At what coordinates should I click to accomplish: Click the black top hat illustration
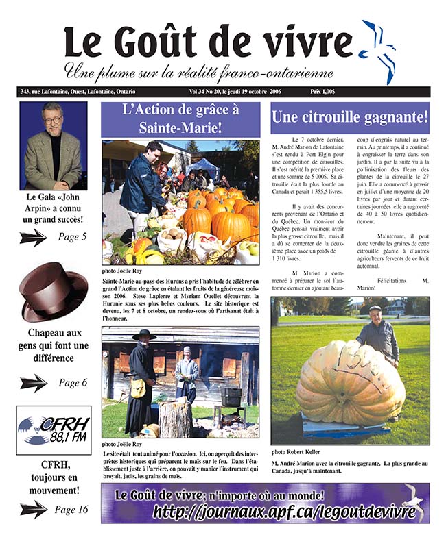52,290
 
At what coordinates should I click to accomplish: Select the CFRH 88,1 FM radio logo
54,430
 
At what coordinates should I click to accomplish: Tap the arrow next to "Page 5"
33,238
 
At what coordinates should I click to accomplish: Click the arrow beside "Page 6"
33,383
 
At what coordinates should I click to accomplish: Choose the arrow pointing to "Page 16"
33,510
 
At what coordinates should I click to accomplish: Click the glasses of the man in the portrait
54,121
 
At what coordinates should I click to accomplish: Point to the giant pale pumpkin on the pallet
350,384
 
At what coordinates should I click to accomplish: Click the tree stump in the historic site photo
175,418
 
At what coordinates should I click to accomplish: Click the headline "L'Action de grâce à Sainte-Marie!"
180,118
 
